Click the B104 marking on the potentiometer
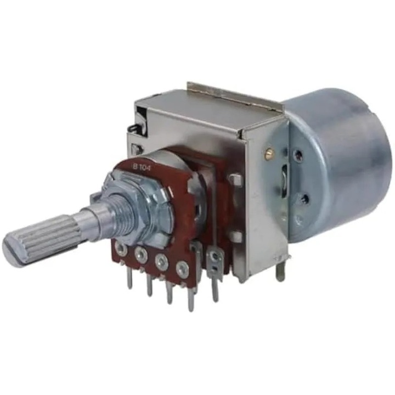click(142, 167)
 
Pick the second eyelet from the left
click(141, 255)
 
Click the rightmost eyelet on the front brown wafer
click(182, 269)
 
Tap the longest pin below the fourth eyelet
click(191, 297)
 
